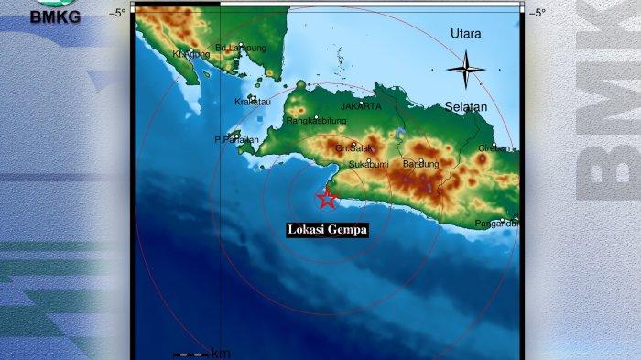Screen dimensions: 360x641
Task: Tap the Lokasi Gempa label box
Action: tap(327, 230)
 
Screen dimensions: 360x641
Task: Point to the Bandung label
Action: tap(421, 164)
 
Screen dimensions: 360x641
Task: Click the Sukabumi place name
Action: tap(368, 165)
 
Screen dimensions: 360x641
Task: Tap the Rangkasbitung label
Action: tap(316, 120)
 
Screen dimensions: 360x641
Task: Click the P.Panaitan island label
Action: tap(237, 140)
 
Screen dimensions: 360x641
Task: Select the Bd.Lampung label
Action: tap(241, 48)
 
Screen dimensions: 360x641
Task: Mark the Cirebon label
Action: tap(499, 147)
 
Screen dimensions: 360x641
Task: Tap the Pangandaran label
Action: tap(496, 224)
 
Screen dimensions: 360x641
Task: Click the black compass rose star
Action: tap(465, 69)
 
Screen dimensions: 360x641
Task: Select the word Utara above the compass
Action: tap(466, 34)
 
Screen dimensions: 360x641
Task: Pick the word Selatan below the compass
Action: tap(466, 107)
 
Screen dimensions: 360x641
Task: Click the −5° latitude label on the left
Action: tap(118, 13)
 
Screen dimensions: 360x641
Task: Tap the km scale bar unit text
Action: tap(221, 354)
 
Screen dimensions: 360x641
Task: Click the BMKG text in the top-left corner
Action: tap(55, 16)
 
